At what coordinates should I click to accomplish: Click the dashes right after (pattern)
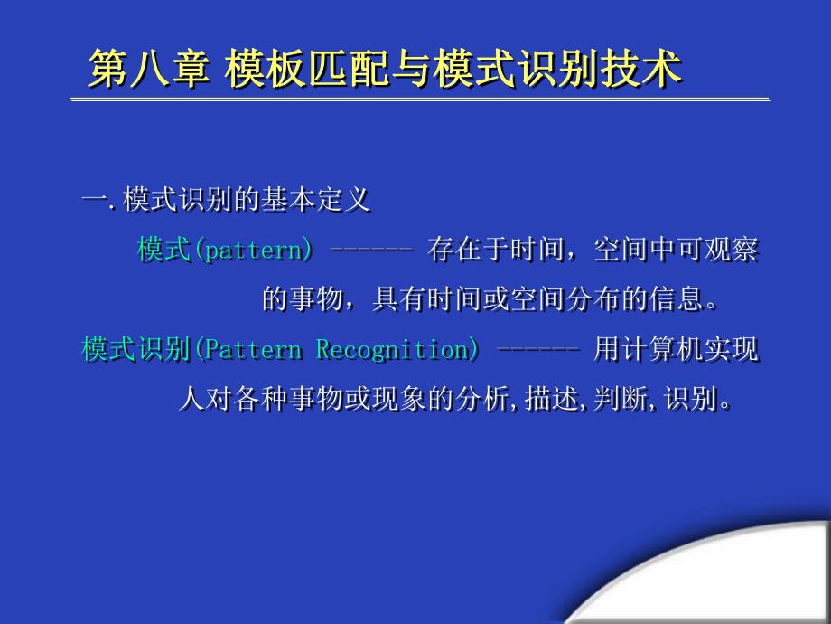[370, 250]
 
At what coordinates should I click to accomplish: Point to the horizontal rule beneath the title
[421, 99]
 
